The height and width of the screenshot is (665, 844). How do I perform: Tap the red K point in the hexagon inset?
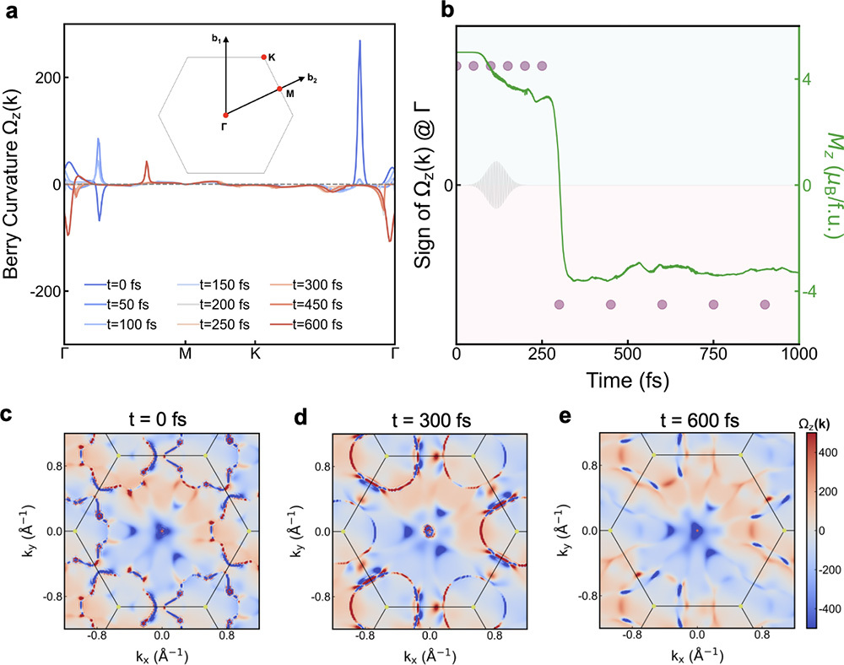point(263,57)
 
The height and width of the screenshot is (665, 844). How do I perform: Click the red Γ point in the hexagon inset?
point(225,115)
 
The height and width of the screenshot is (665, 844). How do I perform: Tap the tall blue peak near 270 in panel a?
point(360,42)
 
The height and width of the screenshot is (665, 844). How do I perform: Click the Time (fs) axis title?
point(628,380)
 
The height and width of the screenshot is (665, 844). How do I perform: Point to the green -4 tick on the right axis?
point(813,292)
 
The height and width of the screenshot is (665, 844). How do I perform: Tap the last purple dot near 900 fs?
point(766,305)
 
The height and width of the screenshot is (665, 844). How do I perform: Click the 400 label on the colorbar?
point(826,452)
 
